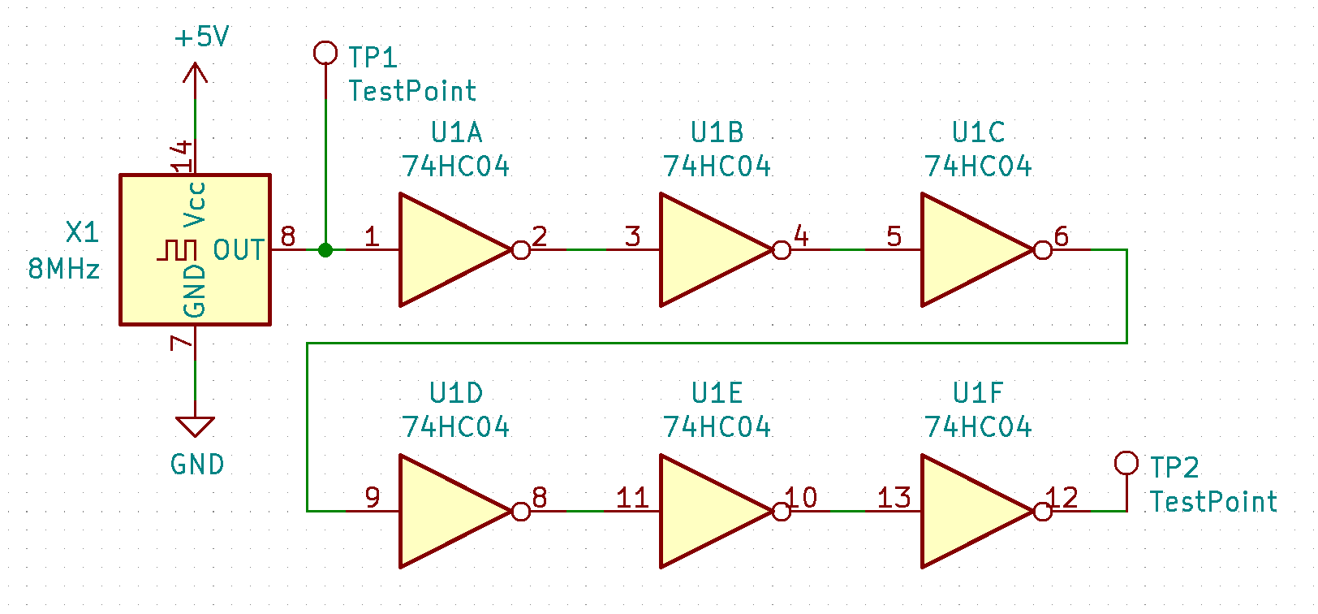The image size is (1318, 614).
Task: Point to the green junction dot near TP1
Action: coord(325,250)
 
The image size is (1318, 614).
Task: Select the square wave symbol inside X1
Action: coord(177,249)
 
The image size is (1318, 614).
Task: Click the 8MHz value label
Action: coord(64,270)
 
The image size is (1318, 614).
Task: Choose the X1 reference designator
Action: coord(83,232)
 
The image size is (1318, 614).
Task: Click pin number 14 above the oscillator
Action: coord(182,156)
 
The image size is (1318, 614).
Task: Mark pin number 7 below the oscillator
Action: coord(181,343)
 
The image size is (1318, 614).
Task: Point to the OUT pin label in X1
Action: coord(239,250)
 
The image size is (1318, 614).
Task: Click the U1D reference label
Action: coord(456,393)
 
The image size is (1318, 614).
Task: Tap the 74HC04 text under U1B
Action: coord(717,166)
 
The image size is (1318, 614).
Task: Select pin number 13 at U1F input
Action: coord(894,498)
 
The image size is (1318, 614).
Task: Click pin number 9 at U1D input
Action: coord(373,498)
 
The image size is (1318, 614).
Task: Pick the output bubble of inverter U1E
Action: coord(782,512)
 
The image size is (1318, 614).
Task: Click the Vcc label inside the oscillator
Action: coord(195,205)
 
